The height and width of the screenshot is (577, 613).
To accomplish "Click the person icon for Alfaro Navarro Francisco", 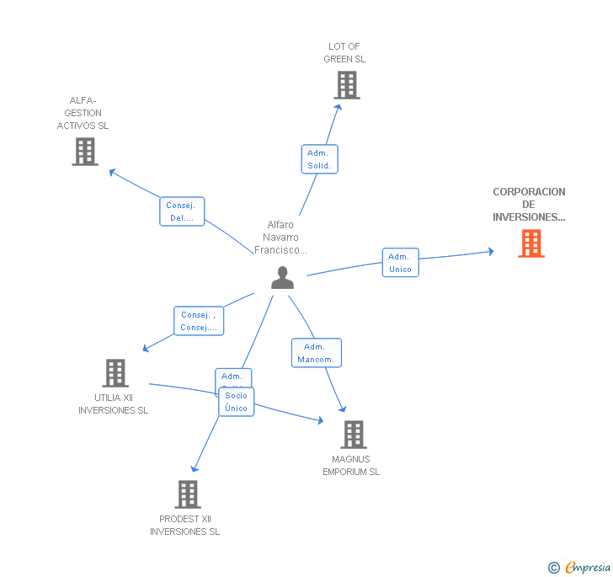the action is pos(283,278).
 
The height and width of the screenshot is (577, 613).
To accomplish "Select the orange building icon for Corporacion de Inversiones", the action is pos(530,243).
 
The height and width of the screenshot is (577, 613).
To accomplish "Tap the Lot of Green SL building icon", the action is pos(346,85).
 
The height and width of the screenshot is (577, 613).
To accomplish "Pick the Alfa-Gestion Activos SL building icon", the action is pos(85,152).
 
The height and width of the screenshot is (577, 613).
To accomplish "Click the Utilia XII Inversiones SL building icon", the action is pos(115,373).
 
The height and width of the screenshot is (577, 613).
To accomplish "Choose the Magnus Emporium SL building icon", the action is pos(354,435).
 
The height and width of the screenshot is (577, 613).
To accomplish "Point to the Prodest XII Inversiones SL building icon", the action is pos(188,494).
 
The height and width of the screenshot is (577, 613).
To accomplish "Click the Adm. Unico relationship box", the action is pos(400,263).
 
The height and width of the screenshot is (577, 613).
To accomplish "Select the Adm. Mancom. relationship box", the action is pos(316,353).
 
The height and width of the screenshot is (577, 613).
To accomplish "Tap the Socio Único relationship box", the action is pos(237,402).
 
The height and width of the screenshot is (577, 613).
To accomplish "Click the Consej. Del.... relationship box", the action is pos(182,211).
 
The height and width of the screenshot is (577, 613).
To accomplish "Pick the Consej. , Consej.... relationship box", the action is pos(199,321).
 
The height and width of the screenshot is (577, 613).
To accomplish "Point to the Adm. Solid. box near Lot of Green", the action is pos(319,159).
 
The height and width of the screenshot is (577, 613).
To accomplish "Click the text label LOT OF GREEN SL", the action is pos(344,53).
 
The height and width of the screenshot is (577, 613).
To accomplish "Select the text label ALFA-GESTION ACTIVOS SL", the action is pos(83,113).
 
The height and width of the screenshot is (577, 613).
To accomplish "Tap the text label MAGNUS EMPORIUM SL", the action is pos(351,466).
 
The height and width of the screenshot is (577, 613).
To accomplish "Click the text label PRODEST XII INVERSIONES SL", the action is pos(184,526).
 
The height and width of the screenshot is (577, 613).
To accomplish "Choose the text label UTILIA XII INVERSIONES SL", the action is pos(113,404).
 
